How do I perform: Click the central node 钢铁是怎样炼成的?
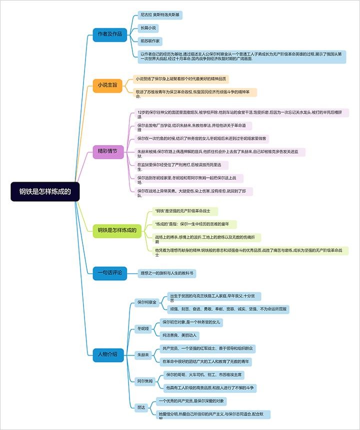pyautogui.click(x=45, y=191)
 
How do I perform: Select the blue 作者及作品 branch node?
pyautogui.click(x=109, y=34)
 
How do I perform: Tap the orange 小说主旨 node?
pyautogui.click(x=107, y=85)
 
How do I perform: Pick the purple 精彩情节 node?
pyautogui.click(x=108, y=151)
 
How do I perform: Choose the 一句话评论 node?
pyautogui.click(x=110, y=273)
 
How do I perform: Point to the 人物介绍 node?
pyautogui.click(x=107, y=354)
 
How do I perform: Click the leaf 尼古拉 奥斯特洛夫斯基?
pyautogui.click(x=160, y=16)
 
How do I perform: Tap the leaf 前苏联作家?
pyautogui.click(x=150, y=40)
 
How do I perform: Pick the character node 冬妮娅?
pyautogui.click(x=143, y=328)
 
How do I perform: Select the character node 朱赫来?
pyautogui.click(x=143, y=354)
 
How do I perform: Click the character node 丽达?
pyautogui.click(x=140, y=407)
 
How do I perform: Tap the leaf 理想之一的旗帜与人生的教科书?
pyautogui.click(x=167, y=273)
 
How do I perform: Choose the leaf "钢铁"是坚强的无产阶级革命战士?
pyautogui.click(x=185, y=211)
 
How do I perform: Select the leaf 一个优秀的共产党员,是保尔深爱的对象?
pyautogui.click(x=191, y=401)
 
